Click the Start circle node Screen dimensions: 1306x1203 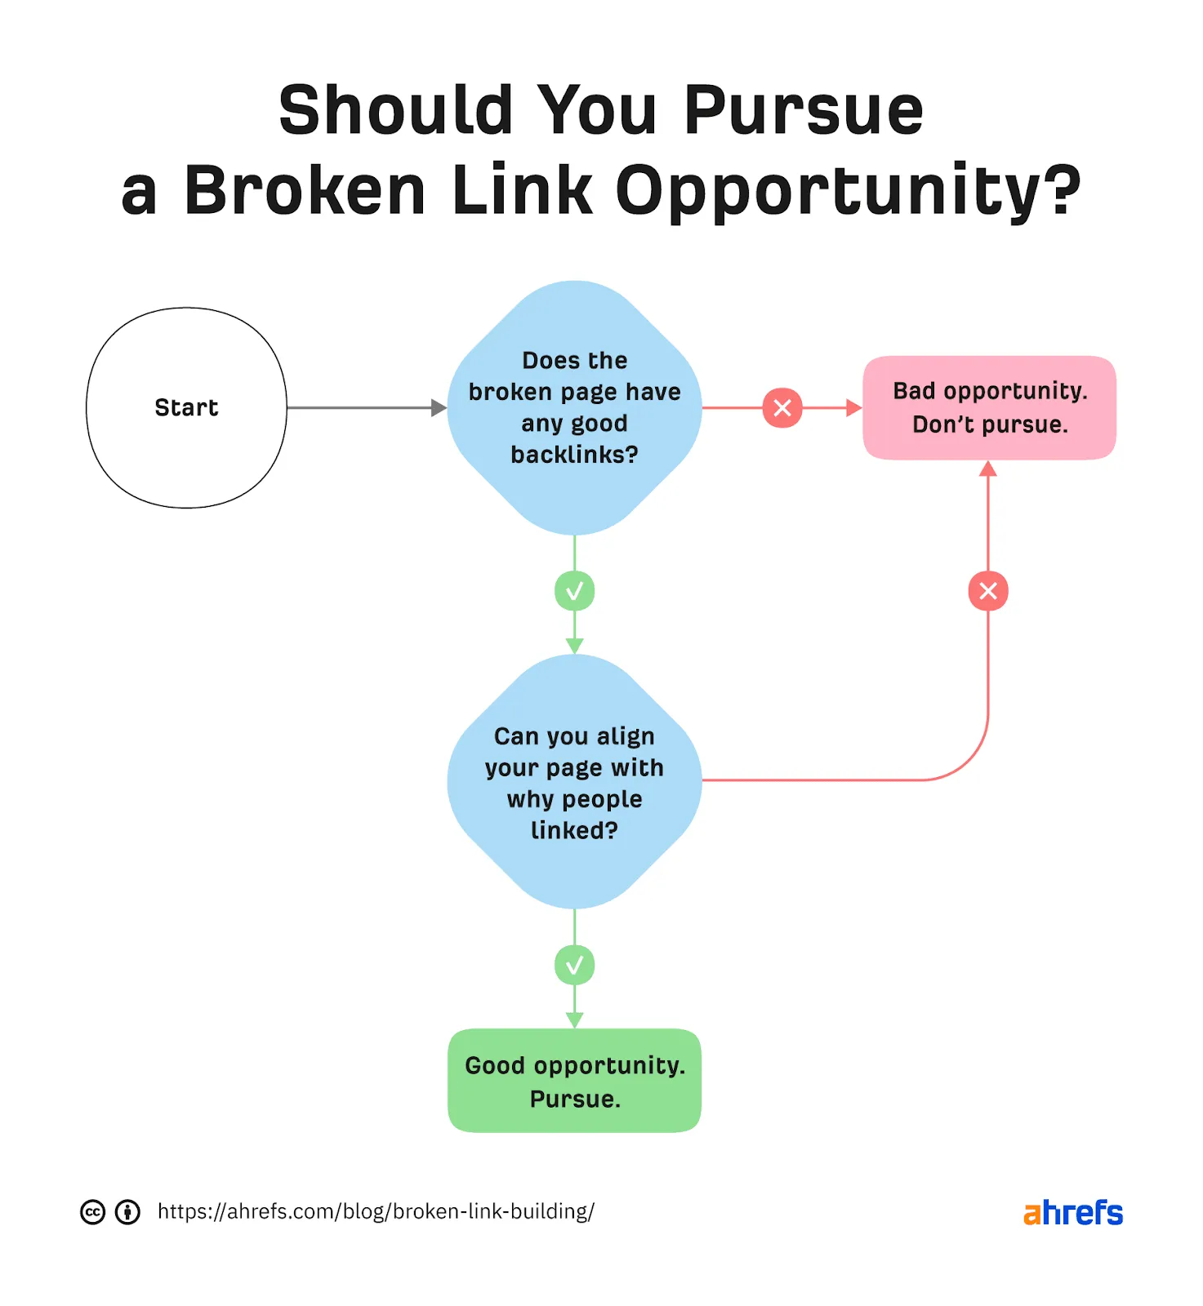186,407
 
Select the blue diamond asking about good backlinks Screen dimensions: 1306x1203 574,407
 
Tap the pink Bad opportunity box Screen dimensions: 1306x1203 989,407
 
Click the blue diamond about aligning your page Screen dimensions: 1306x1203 574,781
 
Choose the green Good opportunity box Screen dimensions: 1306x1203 574,1081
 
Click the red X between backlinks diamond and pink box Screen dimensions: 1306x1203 782,407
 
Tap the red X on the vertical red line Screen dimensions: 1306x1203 988,591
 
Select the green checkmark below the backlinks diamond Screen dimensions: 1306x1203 574,591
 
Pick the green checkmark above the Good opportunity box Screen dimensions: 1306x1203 574,966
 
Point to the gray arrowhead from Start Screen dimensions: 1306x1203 439,407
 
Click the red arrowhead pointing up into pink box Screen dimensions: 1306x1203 988,469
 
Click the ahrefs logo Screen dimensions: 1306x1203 1072,1212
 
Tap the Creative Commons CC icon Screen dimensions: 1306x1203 92,1212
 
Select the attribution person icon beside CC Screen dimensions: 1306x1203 127,1212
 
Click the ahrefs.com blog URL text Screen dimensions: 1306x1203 376,1211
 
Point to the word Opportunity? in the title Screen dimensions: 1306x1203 848,192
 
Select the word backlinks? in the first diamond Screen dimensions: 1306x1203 574,455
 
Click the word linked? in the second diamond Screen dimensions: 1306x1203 574,830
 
